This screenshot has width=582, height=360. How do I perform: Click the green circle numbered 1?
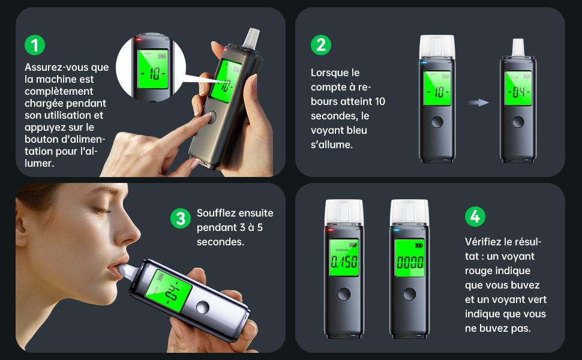(x=35, y=45)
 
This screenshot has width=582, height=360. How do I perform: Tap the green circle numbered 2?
(x=321, y=45)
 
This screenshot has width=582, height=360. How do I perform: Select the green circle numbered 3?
(x=181, y=218)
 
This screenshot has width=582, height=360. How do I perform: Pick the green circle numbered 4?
(x=475, y=217)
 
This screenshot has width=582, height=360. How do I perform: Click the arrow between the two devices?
(x=478, y=103)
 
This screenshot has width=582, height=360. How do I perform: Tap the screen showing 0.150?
(x=344, y=258)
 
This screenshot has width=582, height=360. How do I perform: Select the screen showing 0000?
(x=410, y=258)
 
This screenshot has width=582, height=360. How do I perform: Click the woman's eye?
(x=101, y=211)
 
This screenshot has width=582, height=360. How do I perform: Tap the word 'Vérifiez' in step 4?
(x=482, y=242)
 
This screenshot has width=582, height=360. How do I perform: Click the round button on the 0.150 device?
(x=344, y=294)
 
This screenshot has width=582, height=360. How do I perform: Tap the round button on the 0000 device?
(x=409, y=294)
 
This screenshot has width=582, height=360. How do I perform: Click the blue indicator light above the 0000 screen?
(x=397, y=230)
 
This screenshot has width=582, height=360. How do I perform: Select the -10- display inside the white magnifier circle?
(x=153, y=70)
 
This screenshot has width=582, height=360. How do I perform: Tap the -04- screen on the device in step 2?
(x=518, y=88)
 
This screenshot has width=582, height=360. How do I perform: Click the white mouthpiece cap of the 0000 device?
(x=409, y=212)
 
